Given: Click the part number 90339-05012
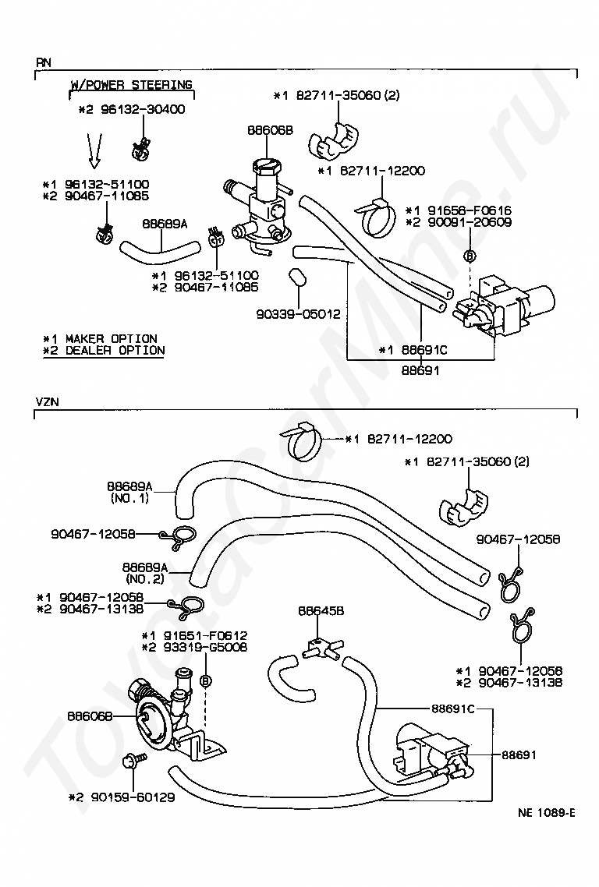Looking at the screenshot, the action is point(299,313).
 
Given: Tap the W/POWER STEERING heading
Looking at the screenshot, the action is point(131,85).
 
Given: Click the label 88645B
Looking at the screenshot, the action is point(321,611).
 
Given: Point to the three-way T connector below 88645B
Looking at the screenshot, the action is point(321,646).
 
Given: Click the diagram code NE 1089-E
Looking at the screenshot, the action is point(546,813).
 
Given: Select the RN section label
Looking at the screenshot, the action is point(44,62).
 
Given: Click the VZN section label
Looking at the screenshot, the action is point(47,402).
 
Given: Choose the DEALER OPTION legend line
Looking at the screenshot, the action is point(105,351).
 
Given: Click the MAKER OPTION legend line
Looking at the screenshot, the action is point(100,339).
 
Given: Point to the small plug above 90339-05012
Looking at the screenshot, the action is point(296,277).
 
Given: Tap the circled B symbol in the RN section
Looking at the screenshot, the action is point(470,256).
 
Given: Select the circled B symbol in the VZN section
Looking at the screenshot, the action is point(206,681).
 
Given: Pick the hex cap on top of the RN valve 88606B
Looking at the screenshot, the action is point(265,165).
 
